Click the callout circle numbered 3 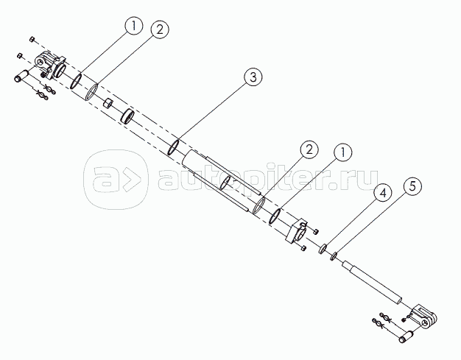pos(253,77)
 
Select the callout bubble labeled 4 pos(383,193)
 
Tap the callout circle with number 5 pos(412,186)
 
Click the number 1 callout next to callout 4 pos(342,152)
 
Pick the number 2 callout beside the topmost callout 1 pos(160,29)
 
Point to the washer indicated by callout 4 pos(323,249)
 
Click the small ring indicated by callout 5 pos(334,256)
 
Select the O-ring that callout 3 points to pos(173,147)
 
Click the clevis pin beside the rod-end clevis pos(406,336)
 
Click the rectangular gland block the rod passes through pos(296,231)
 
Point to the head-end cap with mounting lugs pos(51,65)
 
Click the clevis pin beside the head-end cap pos(21,75)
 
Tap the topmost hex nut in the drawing pos(32,39)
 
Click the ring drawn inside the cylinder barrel pos(226,183)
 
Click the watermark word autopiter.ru pos(268,180)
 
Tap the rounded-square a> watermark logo pos(116,180)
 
